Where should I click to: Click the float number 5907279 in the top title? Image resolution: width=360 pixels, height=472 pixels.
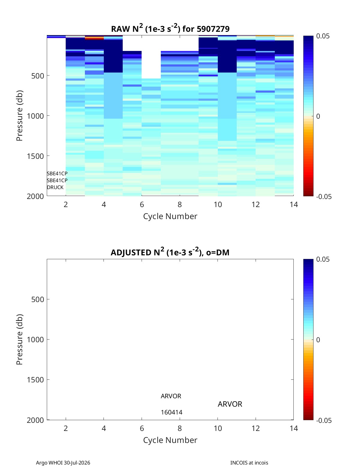point(213,29)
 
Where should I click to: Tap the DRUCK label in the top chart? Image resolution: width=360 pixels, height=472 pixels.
point(55,187)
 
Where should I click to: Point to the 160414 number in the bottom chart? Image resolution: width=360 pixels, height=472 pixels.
point(172,412)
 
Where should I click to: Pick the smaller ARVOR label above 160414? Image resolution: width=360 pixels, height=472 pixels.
point(171,396)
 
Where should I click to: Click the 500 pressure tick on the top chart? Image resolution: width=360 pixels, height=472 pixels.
point(37,76)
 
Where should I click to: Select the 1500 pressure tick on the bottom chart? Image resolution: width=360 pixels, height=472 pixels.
point(35,380)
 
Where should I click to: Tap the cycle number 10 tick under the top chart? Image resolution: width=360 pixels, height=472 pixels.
point(218,204)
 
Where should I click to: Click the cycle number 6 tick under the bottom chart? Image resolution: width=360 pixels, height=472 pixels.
point(142,428)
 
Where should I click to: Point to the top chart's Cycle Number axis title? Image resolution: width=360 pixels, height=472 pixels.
point(170,216)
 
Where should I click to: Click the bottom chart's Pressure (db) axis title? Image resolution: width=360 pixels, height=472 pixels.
point(19,339)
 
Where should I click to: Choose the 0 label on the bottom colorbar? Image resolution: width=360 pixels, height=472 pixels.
point(318,340)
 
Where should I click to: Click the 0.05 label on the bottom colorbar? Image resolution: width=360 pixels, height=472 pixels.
point(323,259)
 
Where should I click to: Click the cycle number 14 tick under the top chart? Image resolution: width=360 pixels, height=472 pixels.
point(294,204)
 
